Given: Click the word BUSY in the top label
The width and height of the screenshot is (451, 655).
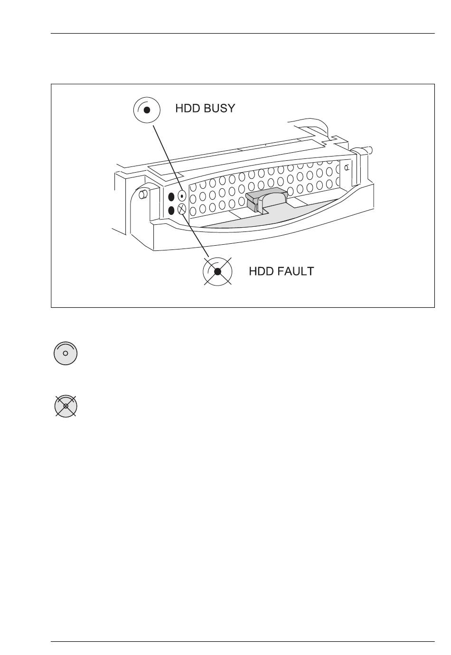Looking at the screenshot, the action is point(218,108).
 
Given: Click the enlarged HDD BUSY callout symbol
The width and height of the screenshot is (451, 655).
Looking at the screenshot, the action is point(147,110).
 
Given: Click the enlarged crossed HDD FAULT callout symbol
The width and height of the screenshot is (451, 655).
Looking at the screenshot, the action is point(217,271).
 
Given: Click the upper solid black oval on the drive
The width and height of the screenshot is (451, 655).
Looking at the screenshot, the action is point(172,197).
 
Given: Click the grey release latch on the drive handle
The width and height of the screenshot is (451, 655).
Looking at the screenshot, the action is point(266,199).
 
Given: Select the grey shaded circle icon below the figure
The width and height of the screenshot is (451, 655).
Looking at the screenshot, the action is point(66,353).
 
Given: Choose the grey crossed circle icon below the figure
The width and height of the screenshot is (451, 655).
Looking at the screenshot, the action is point(66,406).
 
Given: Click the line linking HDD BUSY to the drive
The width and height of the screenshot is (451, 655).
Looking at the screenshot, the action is point(166,157).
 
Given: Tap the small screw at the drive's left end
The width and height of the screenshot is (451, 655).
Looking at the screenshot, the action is point(142,194).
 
